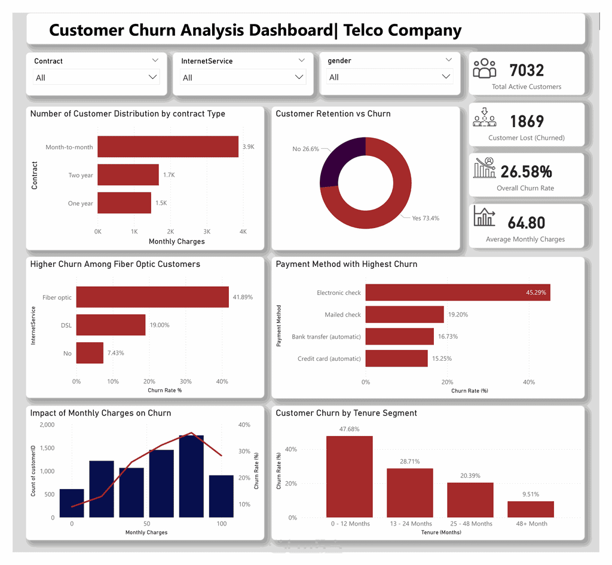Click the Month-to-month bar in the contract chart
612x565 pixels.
point(168,146)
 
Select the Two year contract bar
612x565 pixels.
point(128,174)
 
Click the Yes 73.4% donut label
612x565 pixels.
point(426,219)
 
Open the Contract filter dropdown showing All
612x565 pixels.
point(96,77)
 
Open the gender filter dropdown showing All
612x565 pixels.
point(390,77)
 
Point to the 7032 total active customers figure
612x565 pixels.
point(527,70)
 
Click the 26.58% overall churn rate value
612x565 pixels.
point(526,171)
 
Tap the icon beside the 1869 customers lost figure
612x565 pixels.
point(484,118)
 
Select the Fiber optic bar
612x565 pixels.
point(152,297)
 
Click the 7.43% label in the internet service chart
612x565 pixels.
point(116,353)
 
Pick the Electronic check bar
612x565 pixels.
point(458,293)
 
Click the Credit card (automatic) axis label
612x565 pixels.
point(329,359)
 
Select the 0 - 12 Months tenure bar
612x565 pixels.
point(349,477)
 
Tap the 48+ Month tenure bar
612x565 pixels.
point(531,509)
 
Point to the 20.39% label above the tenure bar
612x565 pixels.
point(470,475)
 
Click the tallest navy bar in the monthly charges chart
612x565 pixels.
point(191,477)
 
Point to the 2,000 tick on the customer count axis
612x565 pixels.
point(47,425)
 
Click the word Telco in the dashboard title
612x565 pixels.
point(363,30)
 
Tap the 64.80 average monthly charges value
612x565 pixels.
point(527,223)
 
